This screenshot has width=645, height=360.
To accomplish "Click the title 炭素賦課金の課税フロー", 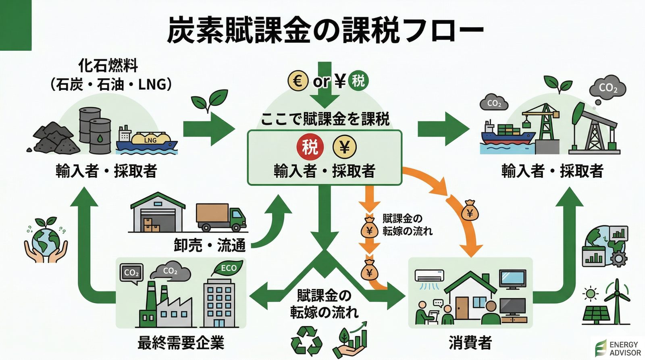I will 325,30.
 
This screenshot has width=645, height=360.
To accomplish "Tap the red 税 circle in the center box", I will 310,147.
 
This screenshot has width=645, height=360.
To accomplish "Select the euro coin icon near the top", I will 298,81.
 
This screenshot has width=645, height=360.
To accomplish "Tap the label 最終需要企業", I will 181,343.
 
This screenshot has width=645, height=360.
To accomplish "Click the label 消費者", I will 470,343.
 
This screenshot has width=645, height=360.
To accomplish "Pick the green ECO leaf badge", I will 228,268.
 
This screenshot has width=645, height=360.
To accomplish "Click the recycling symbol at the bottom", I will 307,341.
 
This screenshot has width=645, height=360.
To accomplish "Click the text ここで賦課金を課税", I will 325,119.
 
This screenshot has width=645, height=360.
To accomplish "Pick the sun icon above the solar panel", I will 591,293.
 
